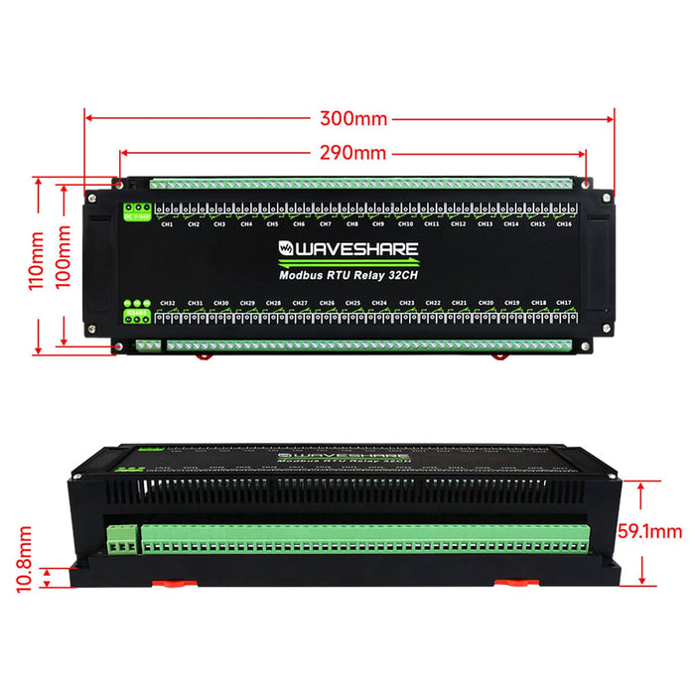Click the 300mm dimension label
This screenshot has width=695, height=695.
[352, 118]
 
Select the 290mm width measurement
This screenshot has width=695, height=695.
[352, 153]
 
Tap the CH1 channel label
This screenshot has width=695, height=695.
[167, 224]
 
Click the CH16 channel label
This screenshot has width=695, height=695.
[564, 224]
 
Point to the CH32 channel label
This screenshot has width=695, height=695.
[167, 303]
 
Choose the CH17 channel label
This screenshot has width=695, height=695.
[564, 303]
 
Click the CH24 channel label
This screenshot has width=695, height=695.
[379, 303]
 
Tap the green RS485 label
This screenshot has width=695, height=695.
[136, 315]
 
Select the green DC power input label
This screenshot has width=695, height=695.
[136, 213]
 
